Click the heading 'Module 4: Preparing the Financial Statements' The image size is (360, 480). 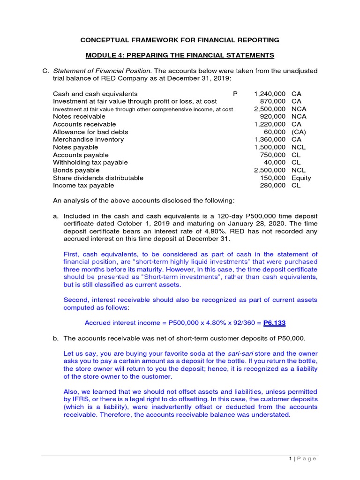pos(180,55)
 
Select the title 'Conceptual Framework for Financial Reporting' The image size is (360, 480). pos(180,40)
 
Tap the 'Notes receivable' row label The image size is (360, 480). pos(79,116)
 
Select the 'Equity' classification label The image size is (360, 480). pos(301,178)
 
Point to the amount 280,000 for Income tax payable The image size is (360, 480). pos(273,185)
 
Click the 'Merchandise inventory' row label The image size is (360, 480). pos(89,139)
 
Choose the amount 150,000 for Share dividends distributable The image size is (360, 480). pos(273,178)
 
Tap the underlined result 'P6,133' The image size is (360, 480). pos(275,322)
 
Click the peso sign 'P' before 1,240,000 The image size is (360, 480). pos(235,94)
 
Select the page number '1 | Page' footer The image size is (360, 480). pos(302,458)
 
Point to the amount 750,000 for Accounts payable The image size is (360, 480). pos(273,155)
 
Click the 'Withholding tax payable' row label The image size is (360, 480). pos(90,162)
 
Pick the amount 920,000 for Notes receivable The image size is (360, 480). pos(273,116)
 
